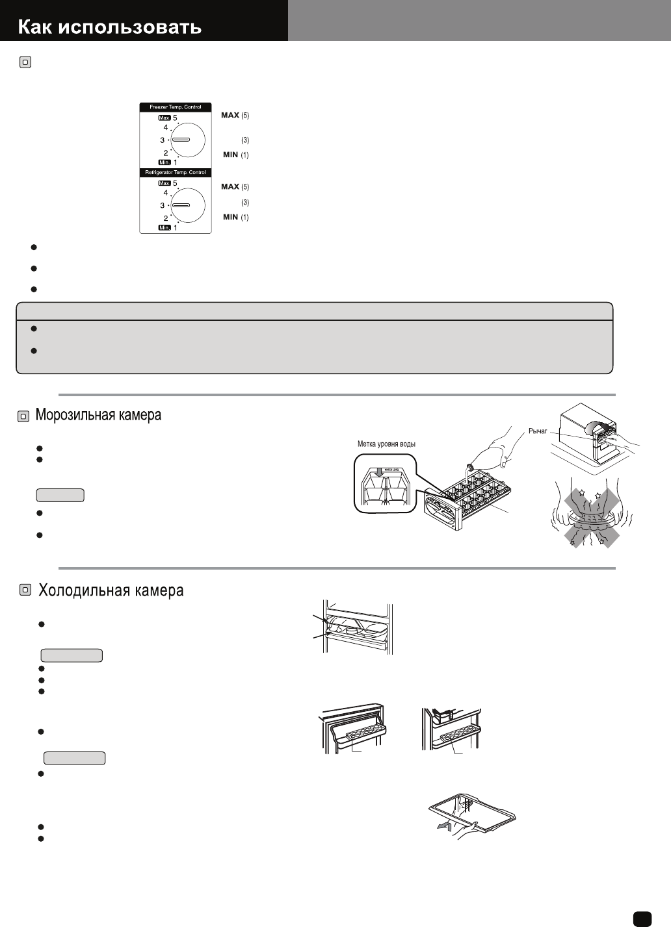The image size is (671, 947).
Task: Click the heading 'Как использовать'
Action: click(x=109, y=27)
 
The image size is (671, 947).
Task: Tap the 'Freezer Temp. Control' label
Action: click(x=176, y=107)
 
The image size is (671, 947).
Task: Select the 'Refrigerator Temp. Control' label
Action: click(x=176, y=172)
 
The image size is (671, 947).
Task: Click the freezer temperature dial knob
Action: click(x=187, y=140)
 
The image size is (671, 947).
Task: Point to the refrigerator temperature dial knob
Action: click(x=187, y=205)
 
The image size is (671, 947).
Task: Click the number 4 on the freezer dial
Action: click(x=166, y=127)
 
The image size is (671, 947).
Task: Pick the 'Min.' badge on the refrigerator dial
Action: click(x=164, y=228)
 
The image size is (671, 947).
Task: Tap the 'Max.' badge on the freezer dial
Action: click(x=164, y=118)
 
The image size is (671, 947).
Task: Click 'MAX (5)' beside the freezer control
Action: click(x=235, y=115)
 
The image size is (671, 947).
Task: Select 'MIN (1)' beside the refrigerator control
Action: click(x=235, y=217)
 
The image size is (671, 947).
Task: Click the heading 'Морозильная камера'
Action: click(x=98, y=415)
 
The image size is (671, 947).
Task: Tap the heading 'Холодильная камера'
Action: click(x=111, y=590)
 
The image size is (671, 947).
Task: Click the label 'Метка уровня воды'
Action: click(x=386, y=444)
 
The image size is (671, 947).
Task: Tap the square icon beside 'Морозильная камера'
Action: click(x=23, y=416)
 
